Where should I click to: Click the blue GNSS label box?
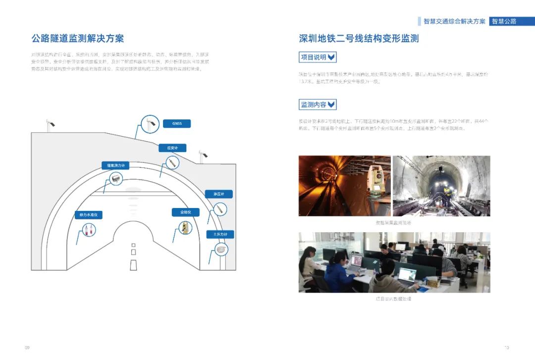coord(176,124)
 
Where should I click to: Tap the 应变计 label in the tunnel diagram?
coord(172,148)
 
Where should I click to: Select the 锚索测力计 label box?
coord(115,165)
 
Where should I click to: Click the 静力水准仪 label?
coord(88,215)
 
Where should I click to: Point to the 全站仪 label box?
coord(185,212)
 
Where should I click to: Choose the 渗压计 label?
coord(218,194)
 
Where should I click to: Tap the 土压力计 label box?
coord(220,234)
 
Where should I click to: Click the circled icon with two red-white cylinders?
coord(89,230)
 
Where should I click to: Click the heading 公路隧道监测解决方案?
coord(78,38)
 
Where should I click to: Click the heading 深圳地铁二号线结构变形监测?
coord(359,38)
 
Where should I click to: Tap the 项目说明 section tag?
coord(318,57)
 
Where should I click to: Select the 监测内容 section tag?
coord(318,104)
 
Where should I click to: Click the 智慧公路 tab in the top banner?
coord(504,21)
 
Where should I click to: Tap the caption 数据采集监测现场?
coord(394,223)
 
